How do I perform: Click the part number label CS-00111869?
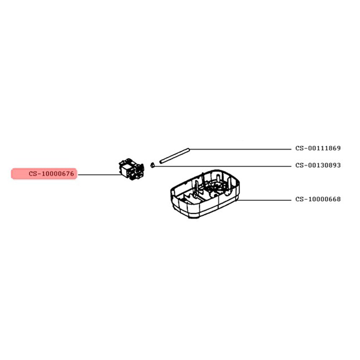pyautogui.click(x=318, y=148)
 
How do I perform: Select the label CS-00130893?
pyautogui.click(x=318, y=165)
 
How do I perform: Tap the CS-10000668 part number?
pyautogui.click(x=318, y=199)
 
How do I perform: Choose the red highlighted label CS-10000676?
pyautogui.click(x=44, y=174)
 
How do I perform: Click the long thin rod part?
pyautogui.click(x=175, y=156)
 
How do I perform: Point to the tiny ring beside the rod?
pyautogui.click(x=152, y=165)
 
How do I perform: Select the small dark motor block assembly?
pyautogui.click(x=131, y=169)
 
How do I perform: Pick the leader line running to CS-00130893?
pyautogui.click(x=223, y=166)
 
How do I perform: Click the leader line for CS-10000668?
pyautogui.click(x=264, y=200)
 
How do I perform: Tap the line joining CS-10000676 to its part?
pyautogui.click(x=100, y=175)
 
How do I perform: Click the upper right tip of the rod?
pyautogui.click(x=189, y=149)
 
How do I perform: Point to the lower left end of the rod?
pyautogui.click(x=160, y=163)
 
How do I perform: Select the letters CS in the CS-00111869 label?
pyautogui.click(x=300, y=148)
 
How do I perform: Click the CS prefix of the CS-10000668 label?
pyautogui.click(x=300, y=199)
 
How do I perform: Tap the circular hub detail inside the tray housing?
pyautogui.click(x=215, y=186)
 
